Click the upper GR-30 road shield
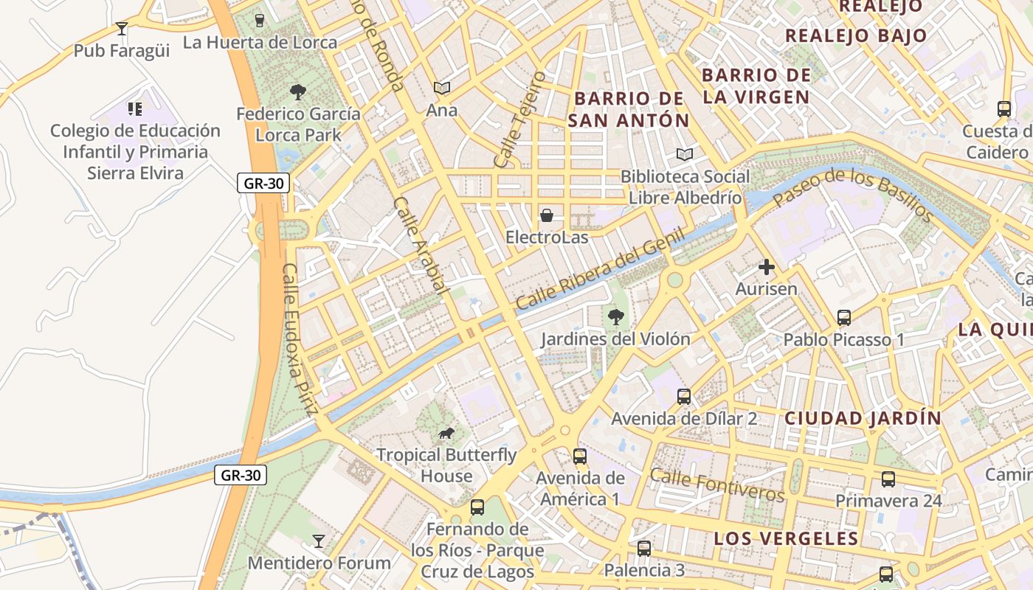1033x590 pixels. [x=263, y=184]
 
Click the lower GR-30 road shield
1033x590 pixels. [x=241, y=475]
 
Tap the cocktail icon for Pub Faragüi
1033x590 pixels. [x=122, y=29]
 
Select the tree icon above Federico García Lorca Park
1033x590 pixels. [x=298, y=92]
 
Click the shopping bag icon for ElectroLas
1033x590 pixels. [x=547, y=215]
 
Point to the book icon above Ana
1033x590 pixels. [x=442, y=88]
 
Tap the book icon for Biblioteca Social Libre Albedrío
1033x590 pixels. [x=685, y=155]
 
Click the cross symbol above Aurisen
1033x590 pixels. [x=767, y=267]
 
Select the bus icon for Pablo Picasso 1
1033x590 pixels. [x=844, y=318]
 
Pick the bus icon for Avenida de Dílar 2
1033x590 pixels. [x=684, y=397]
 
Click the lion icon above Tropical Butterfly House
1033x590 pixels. [x=446, y=433]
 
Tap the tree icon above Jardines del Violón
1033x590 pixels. [x=615, y=317]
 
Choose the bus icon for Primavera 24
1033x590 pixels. [x=888, y=479]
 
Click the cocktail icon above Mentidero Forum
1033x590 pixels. [x=319, y=541]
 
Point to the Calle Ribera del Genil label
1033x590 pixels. [x=600, y=269]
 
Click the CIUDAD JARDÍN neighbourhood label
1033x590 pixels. [x=863, y=418]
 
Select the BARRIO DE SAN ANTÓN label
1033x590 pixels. [x=628, y=109]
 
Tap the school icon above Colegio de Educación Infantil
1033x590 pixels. [x=135, y=109]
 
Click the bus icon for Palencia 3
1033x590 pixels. [x=644, y=549]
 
